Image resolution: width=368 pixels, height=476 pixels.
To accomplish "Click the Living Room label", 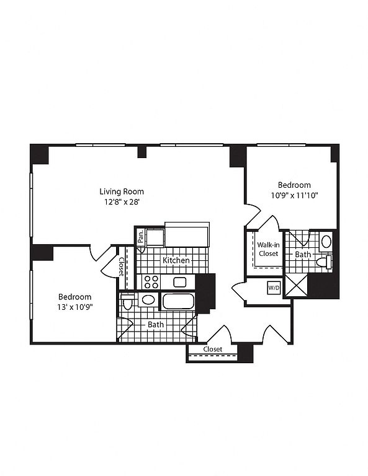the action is pos(122,192).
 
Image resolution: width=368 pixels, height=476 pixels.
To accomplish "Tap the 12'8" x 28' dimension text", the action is pos(122,202).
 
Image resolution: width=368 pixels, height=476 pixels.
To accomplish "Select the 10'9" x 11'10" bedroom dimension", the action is pos(294,195).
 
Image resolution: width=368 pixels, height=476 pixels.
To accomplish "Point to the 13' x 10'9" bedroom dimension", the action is pos(74,307).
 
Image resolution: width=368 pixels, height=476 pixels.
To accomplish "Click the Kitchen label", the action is pos(176,260).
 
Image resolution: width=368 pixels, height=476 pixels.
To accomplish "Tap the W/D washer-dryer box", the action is pos(274,288).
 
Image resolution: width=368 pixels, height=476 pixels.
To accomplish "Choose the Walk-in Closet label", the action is pos(268,249).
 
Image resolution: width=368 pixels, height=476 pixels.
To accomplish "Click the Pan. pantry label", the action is pos(140,236).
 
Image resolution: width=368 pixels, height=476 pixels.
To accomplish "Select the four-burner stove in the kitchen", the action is pos(151,282).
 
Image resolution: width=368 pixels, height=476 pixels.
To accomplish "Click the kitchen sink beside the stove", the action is pos(180,282).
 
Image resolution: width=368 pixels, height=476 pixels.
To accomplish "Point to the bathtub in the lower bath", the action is pos(178,301).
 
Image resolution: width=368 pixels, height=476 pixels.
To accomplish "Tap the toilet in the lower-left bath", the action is pos(127,301).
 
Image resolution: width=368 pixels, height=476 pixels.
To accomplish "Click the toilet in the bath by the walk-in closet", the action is pos(324,262).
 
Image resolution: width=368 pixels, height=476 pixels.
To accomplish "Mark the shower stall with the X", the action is pos(296,285).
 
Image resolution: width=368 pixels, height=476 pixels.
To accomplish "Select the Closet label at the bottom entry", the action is pos(213,349).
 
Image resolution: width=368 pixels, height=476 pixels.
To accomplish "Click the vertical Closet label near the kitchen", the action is pos(122,267).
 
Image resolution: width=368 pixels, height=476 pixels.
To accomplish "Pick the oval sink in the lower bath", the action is pos(148,300).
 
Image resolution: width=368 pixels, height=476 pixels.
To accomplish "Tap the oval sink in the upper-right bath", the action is pos(326,242).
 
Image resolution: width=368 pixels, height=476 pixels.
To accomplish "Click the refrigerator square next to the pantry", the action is pos(155,238).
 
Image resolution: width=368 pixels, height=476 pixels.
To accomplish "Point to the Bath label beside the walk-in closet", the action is pos(303,254).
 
